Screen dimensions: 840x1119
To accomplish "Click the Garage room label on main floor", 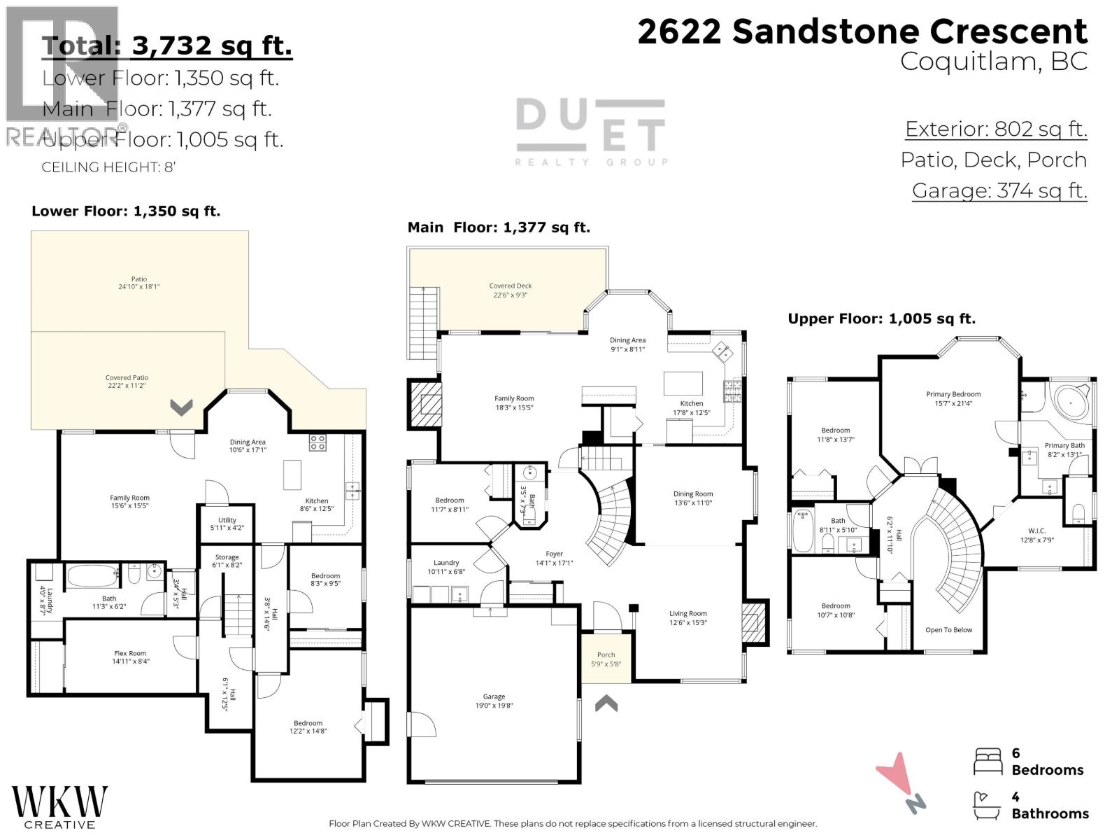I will [x=494, y=701].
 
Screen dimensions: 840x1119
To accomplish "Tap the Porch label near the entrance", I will [x=606, y=659].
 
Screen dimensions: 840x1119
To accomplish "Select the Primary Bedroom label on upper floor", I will [x=953, y=398].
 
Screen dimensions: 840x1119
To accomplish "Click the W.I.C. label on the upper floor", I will [x=1037, y=535].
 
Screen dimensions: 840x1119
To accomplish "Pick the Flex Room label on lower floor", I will [x=131, y=657].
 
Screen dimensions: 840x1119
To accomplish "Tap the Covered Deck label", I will [x=511, y=290].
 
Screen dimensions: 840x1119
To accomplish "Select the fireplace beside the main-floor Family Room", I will [x=424, y=404].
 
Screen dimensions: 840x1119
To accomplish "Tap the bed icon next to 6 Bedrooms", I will [x=988, y=762].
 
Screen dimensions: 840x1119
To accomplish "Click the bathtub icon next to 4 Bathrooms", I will [x=987, y=805].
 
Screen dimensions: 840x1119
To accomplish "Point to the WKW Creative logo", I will [x=59, y=806].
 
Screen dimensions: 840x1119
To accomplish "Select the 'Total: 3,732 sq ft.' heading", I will [x=166, y=46].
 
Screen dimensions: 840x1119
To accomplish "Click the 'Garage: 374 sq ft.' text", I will [x=999, y=190].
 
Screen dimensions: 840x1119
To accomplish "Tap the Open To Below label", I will [x=948, y=630].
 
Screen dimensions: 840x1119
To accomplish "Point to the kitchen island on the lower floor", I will [x=292, y=474].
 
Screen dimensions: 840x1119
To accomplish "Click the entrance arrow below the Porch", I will [x=606, y=703].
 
